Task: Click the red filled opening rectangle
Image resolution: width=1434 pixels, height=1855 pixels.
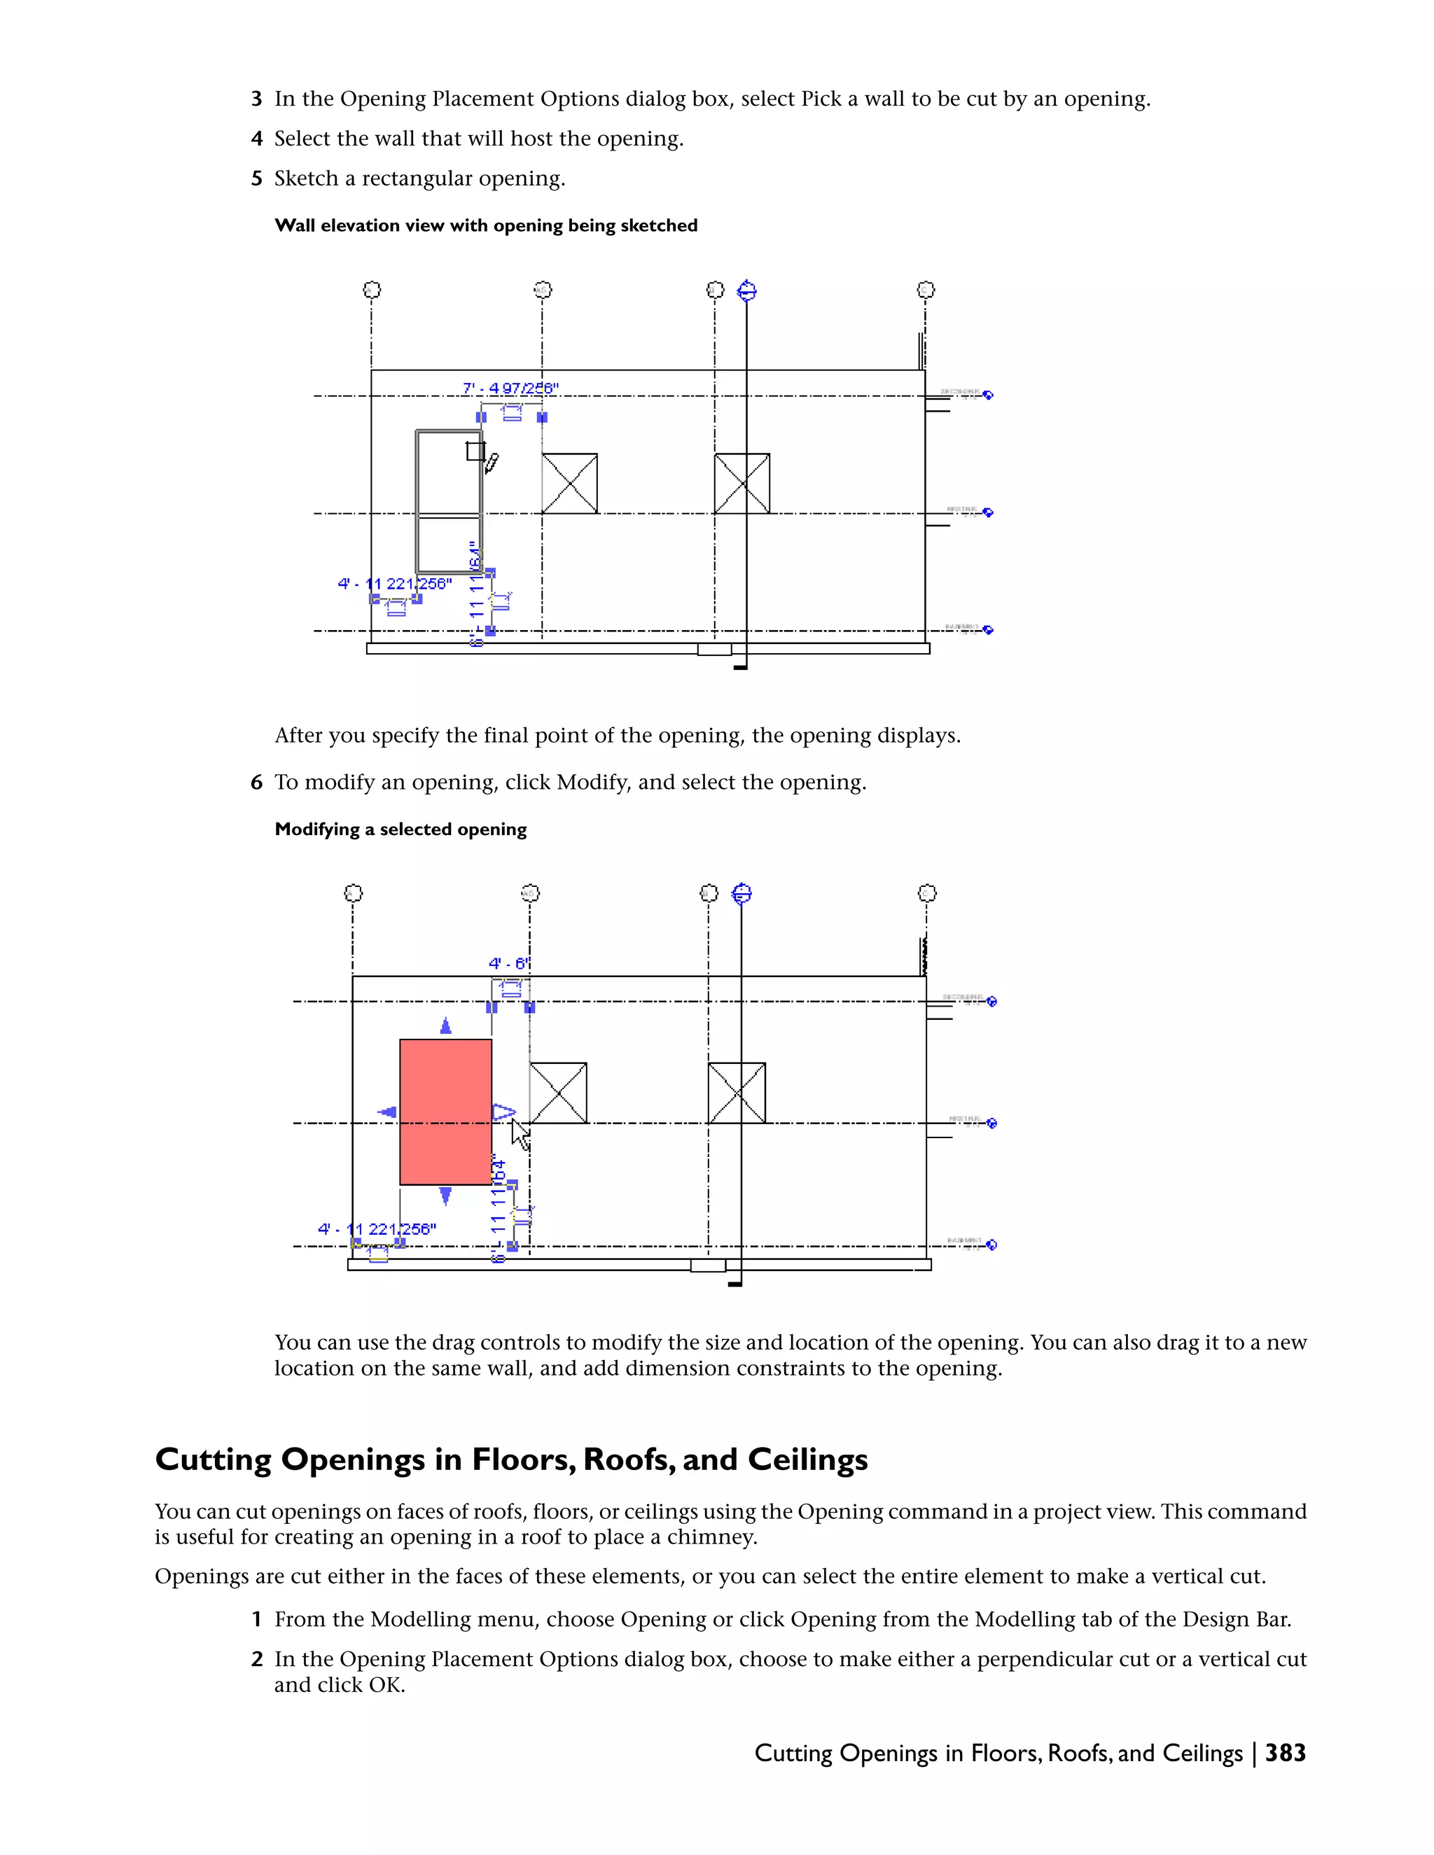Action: click(445, 1111)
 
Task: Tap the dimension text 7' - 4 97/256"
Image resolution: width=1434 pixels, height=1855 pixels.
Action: click(510, 388)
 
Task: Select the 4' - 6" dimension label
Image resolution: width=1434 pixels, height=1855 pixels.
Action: click(509, 963)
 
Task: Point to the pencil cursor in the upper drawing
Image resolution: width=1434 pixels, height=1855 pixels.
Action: click(491, 463)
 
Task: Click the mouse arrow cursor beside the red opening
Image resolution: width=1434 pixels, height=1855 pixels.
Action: click(520, 1134)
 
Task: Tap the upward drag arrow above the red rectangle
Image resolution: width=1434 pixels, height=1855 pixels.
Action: click(445, 1026)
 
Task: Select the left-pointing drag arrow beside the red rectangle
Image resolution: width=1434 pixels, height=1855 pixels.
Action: click(387, 1112)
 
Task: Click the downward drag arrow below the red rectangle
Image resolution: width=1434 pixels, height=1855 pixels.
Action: click(445, 1197)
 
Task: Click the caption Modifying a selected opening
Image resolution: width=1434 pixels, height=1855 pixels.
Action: click(400, 829)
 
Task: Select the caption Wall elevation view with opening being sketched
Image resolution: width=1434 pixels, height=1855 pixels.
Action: click(486, 225)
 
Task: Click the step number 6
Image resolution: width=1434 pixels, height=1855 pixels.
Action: click(256, 783)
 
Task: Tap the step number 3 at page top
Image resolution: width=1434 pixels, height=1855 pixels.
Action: click(256, 99)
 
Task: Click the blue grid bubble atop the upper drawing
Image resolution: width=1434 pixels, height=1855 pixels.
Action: click(746, 290)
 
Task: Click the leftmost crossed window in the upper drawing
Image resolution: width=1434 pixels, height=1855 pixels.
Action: click(569, 483)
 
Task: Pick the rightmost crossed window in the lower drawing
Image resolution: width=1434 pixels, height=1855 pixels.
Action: click(737, 1092)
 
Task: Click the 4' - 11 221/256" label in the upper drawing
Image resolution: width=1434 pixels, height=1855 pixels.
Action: click(395, 584)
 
